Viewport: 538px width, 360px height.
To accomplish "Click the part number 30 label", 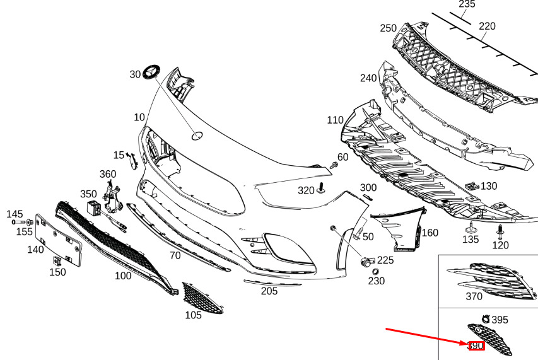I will coord(135,74).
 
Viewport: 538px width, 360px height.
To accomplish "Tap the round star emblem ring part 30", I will coord(152,72).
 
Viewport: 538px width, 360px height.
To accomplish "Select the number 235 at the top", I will coord(467,4).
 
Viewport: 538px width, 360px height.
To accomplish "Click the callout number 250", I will coord(388,28).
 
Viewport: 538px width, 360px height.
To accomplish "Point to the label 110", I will coord(335,120).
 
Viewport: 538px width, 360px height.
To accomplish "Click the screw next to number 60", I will coord(334,165).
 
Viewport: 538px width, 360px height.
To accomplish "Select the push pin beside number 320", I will coord(322,189).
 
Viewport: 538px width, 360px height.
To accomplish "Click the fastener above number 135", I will coord(471,227).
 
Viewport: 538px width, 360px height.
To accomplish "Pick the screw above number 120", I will coord(500,228).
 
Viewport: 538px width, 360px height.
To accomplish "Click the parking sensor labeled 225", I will coord(366,261).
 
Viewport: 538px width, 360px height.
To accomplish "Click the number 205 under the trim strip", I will coord(269,291).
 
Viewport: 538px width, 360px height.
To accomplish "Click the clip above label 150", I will coord(57,259).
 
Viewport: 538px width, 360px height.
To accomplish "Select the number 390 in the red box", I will coord(476,346).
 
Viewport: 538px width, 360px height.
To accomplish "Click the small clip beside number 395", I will coord(486,320).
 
